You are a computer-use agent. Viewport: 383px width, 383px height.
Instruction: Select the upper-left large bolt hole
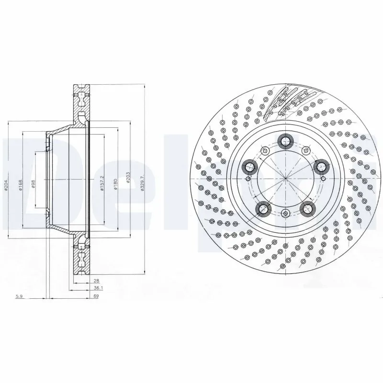pos(249,167)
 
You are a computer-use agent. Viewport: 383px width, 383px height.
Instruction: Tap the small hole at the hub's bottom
pos(285,214)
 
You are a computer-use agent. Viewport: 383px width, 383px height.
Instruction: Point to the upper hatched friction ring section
pos(81,103)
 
